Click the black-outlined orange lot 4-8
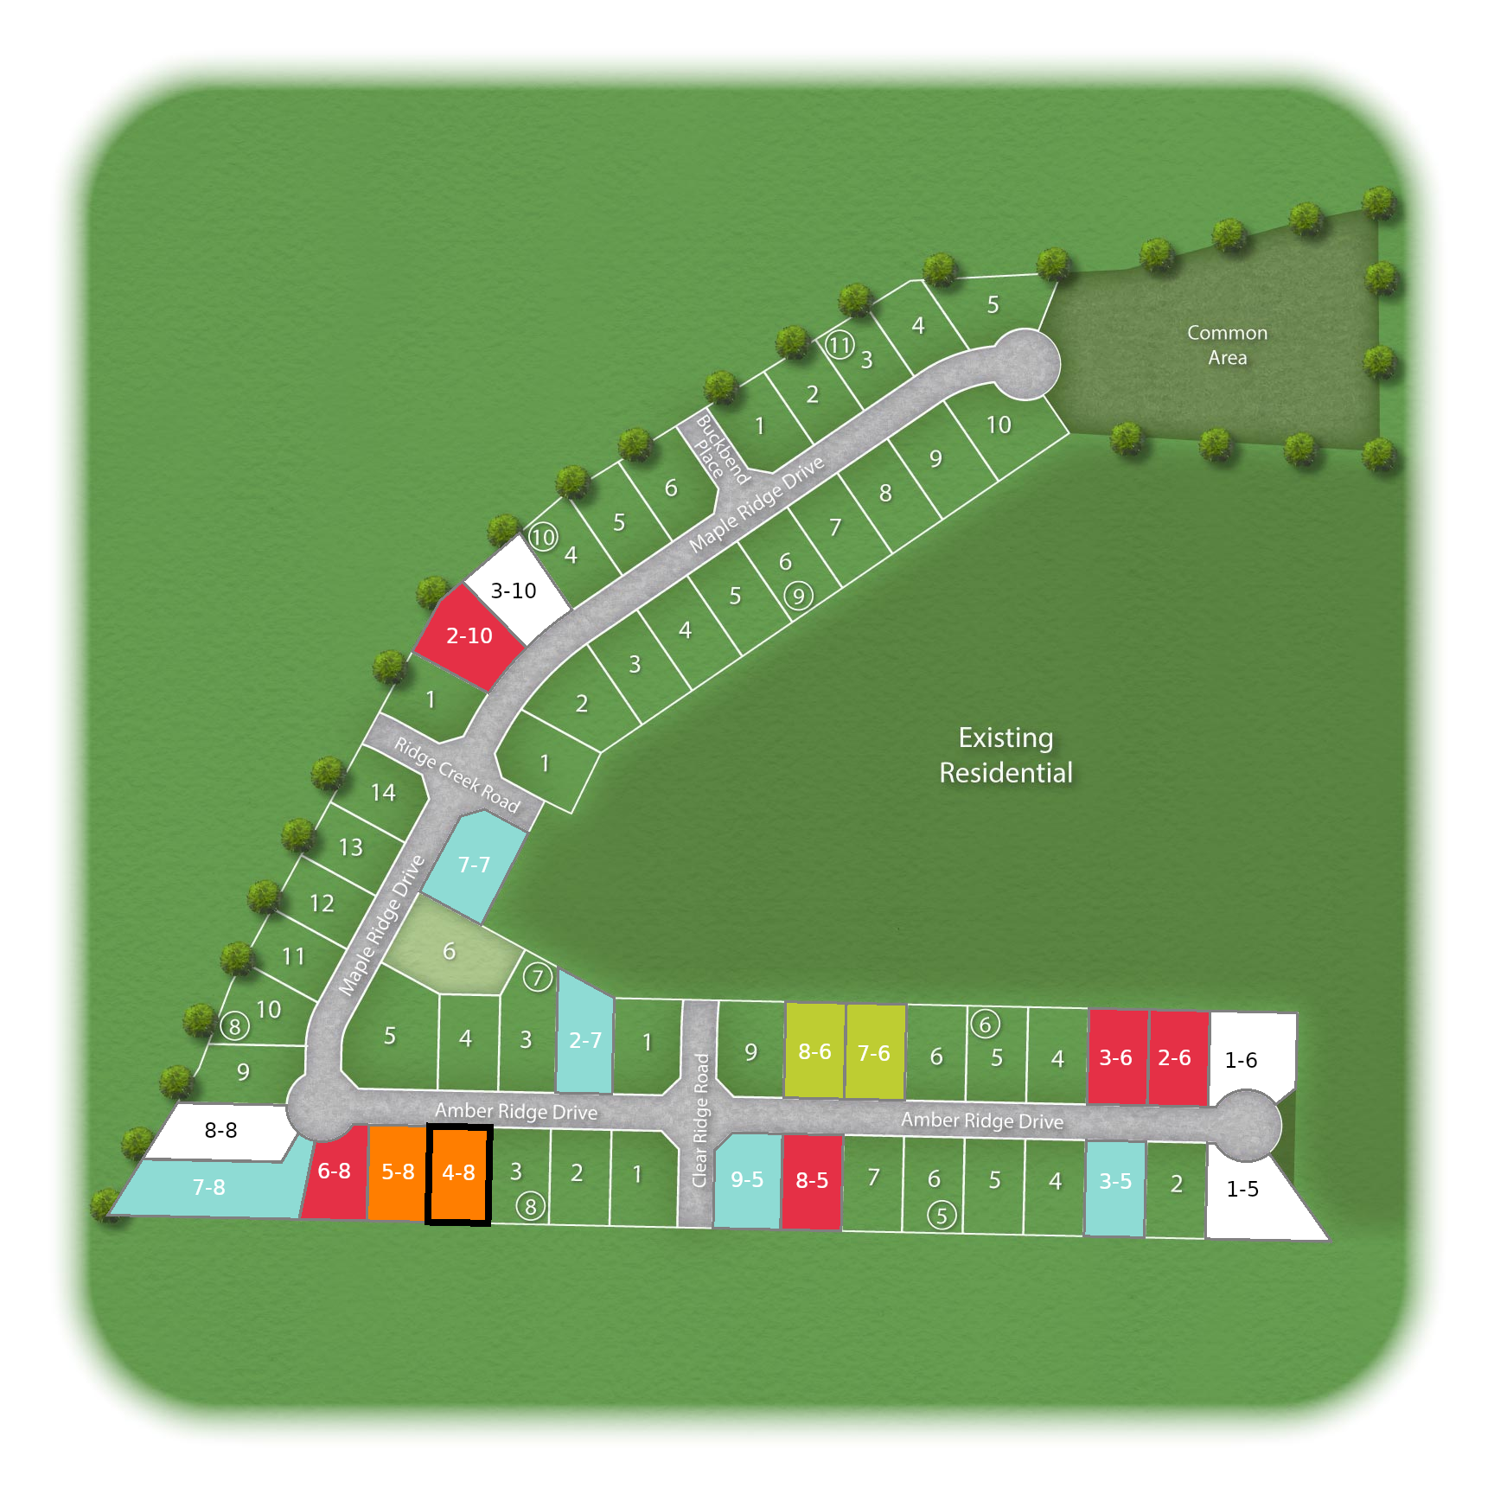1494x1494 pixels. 459,1174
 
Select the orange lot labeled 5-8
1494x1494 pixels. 398,1173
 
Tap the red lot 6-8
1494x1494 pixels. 335,1173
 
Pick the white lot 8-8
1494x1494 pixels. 221,1131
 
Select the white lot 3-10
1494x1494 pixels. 514,591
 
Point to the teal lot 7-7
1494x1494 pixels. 474,865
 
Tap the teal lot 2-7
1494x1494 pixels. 585,1041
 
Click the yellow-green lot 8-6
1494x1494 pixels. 814,1052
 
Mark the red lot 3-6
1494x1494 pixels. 1116,1058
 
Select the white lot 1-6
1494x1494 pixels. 1242,1060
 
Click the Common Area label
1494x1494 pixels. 1227,345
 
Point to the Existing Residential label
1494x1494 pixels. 1006,756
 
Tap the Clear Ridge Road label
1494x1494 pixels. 700,1120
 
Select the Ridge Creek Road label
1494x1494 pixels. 456,776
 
